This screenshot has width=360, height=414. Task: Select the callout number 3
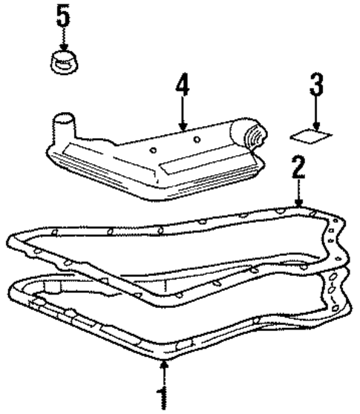coord(317,87)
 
